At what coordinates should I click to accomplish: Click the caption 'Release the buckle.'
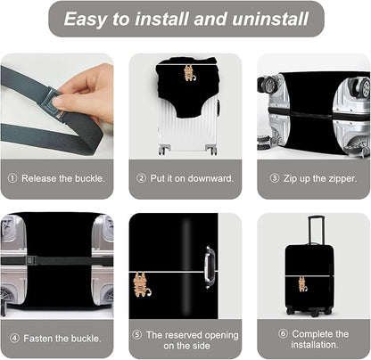[x=62, y=178]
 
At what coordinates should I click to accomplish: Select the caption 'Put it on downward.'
[x=190, y=178]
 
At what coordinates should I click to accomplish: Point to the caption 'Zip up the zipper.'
[x=318, y=178]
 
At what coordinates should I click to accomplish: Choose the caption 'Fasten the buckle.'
[x=62, y=339]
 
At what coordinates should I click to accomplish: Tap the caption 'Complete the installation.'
[x=318, y=339]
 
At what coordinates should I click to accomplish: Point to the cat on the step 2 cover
[x=189, y=72]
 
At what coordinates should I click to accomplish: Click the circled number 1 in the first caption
[x=13, y=178]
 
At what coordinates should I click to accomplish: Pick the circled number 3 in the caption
[x=274, y=178]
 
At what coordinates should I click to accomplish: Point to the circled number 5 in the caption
[x=136, y=333]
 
